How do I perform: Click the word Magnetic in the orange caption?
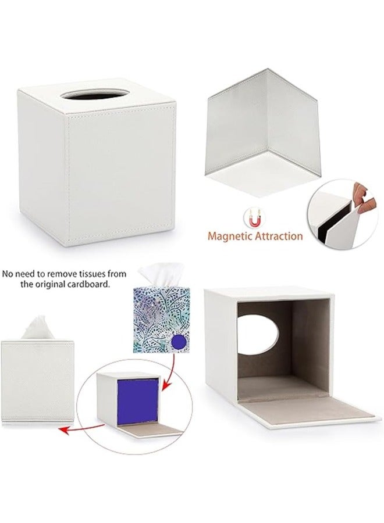pos(223,236)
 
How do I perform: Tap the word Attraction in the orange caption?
pos(276,236)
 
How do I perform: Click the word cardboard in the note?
pos(90,285)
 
